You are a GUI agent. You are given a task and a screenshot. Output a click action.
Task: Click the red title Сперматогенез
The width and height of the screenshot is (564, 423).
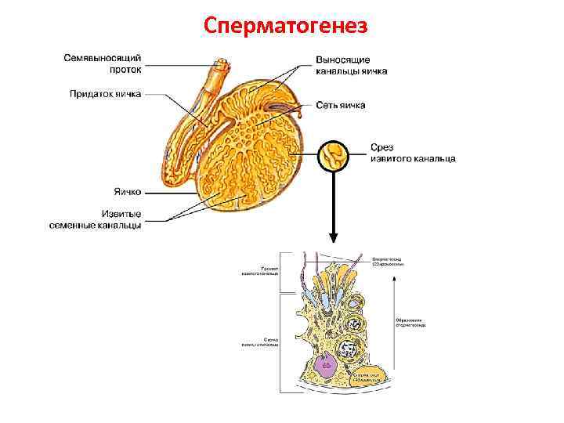[x=284, y=26]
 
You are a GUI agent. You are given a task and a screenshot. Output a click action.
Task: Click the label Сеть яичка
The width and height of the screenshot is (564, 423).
[x=341, y=105]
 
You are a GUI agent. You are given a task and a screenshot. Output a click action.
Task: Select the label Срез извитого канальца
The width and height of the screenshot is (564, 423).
[x=412, y=153]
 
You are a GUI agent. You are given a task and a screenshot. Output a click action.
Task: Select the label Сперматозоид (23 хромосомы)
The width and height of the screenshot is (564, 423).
[x=388, y=262]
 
